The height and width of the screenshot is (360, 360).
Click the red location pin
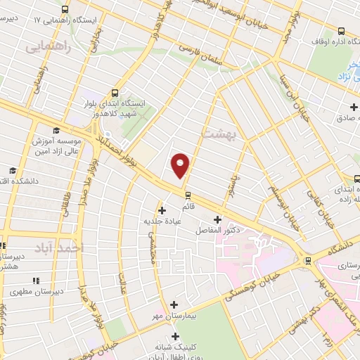181,165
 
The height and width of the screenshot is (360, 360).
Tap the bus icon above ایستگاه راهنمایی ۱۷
65,10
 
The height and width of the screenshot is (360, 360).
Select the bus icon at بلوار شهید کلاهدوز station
114,92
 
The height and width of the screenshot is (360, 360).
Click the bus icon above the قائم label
188,194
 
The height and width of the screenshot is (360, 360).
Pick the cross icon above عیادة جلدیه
162,210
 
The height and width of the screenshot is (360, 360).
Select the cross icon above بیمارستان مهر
174,304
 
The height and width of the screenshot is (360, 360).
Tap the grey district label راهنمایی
44,46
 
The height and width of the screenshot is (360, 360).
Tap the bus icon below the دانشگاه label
307,260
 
